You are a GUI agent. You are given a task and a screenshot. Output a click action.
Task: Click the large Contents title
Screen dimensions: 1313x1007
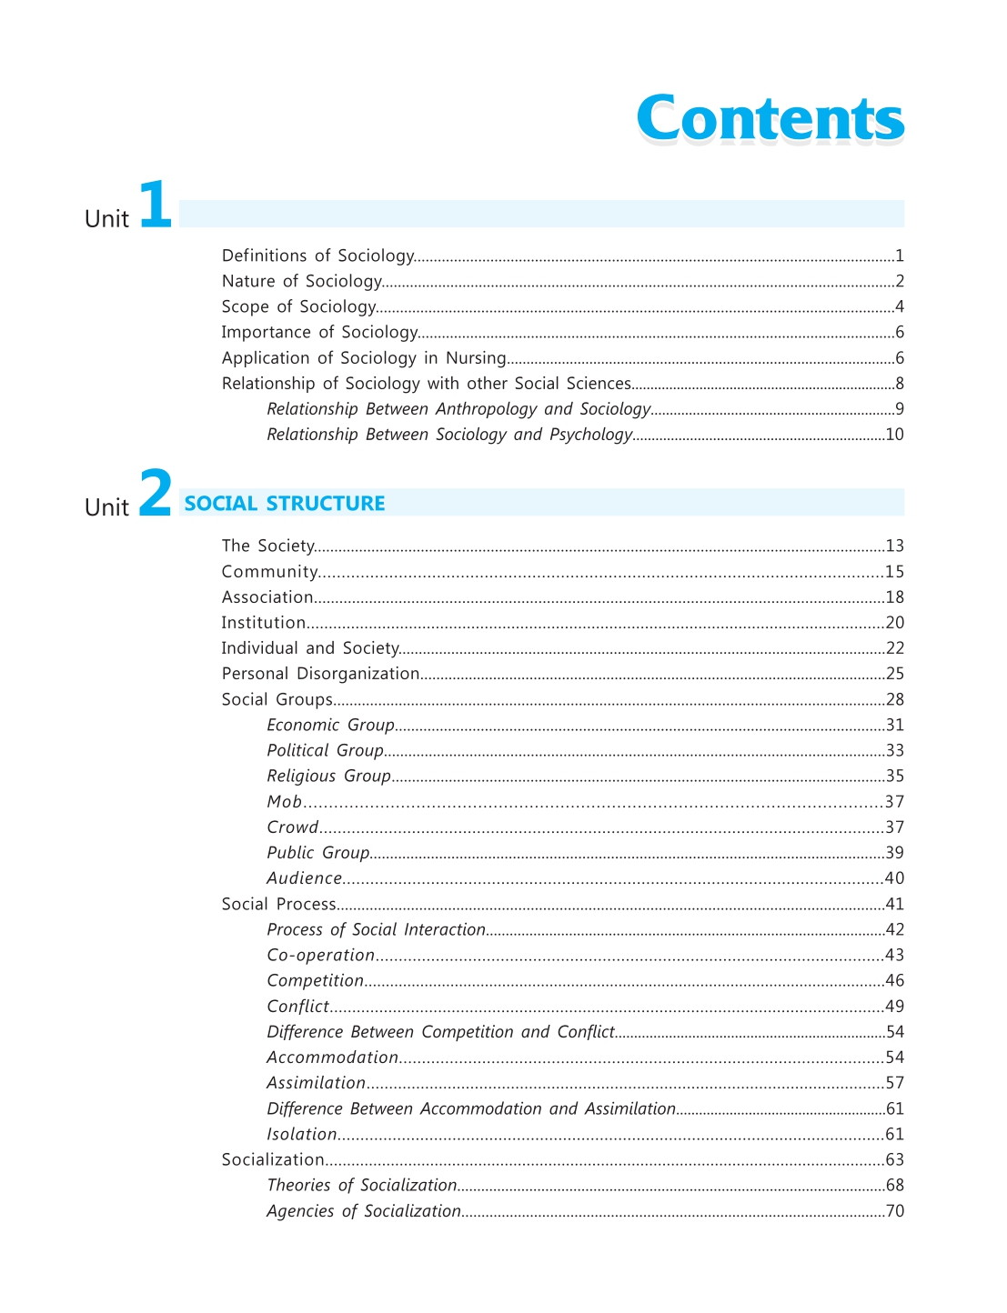770,118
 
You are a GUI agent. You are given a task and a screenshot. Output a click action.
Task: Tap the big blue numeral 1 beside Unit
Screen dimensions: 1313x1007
156,205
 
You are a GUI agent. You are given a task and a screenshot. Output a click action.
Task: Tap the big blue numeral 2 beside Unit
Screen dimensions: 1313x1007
156,494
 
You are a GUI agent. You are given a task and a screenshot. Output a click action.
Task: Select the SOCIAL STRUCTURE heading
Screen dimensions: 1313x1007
285,504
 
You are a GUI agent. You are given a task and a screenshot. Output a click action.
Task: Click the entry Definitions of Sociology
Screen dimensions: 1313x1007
317,256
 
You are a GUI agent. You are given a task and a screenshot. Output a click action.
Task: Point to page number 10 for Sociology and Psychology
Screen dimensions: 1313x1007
894,435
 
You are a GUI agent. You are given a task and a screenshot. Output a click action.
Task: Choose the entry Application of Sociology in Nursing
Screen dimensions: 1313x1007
363,358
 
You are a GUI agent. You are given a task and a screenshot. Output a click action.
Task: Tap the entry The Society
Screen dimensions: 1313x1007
268,546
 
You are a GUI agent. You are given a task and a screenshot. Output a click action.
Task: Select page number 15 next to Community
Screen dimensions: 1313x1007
894,572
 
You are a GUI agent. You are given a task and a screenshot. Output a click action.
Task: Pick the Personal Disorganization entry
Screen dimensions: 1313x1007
320,674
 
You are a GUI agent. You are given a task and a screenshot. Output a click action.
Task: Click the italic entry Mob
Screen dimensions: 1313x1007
284,802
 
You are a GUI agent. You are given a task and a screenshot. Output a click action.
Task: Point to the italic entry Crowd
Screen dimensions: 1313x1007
292,827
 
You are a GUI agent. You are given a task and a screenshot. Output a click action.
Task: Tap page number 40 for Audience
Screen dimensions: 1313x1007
894,878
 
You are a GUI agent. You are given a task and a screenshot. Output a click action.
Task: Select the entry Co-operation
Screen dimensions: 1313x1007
320,955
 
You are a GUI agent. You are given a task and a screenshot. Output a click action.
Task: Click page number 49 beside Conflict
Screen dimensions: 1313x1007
894,1006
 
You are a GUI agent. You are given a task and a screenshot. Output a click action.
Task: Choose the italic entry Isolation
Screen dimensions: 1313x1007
301,1134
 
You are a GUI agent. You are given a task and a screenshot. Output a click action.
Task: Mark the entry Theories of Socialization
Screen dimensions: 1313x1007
361,1185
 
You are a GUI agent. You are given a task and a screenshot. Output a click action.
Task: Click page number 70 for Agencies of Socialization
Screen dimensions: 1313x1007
894,1210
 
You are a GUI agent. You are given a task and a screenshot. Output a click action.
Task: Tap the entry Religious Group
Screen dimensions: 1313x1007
328,777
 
